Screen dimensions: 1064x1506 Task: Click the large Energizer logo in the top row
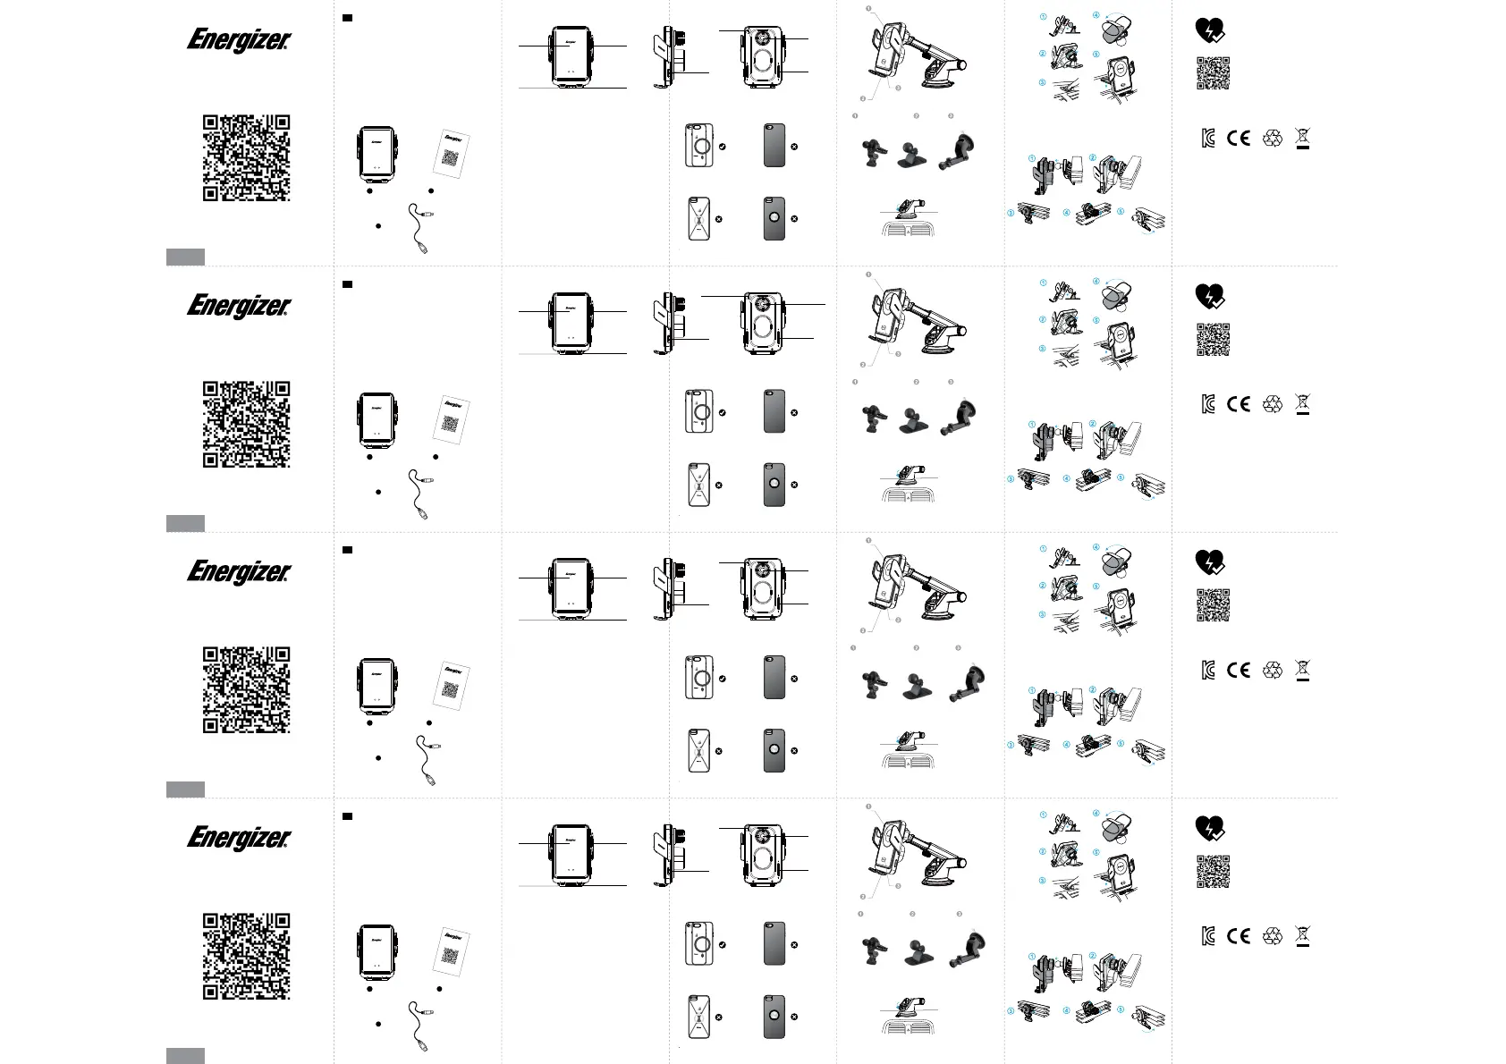click(x=239, y=40)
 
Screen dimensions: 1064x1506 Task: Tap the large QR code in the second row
click(x=246, y=424)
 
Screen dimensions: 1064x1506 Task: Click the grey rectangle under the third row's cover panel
click(x=185, y=789)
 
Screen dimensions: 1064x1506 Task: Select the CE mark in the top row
click(x=1239, y=138)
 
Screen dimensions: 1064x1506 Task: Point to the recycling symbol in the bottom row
click(x=1273, y=936)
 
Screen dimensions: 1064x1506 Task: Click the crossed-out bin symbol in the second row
click(x=1303, y=404)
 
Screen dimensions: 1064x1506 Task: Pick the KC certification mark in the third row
click(x=1209, y=671)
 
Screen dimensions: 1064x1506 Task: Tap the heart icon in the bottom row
click(x=1210, y=828)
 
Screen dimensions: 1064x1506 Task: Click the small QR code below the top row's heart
click(x=1214, y=73)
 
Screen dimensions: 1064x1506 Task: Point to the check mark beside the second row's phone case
click(x=722, y=413)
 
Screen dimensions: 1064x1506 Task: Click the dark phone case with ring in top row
click(x=774, y=219)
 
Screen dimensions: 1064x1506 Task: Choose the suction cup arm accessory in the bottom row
click(x=960, y=950)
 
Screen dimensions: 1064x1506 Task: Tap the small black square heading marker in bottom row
click(x=348, y=816)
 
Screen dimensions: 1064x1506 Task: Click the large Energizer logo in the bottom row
click(x=239, y=838)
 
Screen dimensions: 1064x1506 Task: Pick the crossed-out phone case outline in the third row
click(x=698, y=751)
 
